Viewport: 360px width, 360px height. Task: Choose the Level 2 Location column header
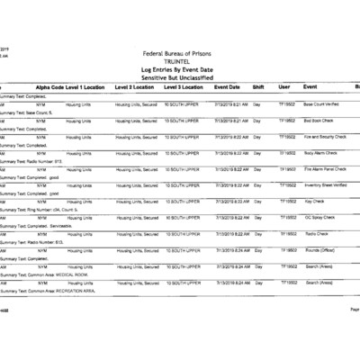pos(134,87)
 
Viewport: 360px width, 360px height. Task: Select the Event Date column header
pos(227,87)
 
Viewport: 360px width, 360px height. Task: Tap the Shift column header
pos(258,87)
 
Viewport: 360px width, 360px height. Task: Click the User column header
pos(284,87)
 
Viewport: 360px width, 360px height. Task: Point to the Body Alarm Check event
pos(319,153)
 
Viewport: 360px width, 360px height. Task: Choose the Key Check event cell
pos(314,202)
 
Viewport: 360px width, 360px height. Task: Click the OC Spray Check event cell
pos(319,218)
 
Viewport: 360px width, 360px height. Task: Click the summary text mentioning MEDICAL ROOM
pos(54,275)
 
